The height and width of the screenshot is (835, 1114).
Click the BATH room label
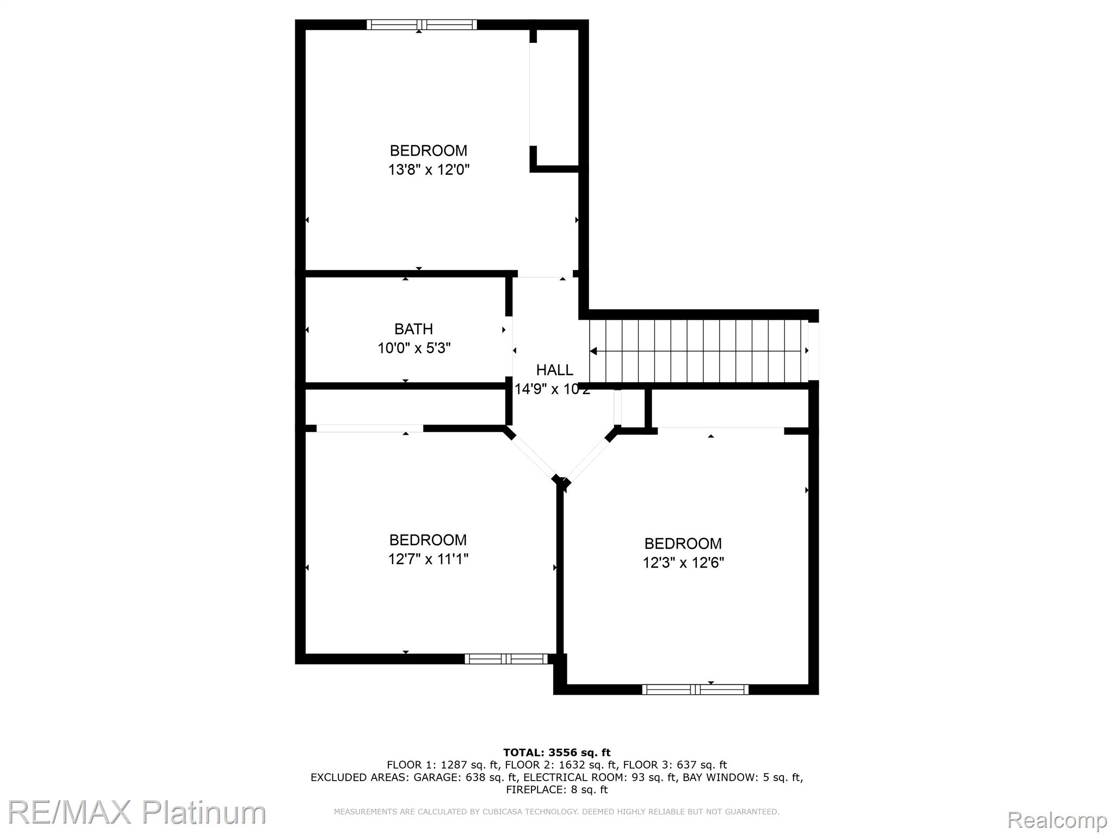pyautogui.click(x=413, y=329)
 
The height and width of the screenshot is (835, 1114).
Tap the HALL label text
pyautogui.click(x=554, y=370)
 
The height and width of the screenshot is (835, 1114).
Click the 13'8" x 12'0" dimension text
pyautogui.click(x=429, y=170)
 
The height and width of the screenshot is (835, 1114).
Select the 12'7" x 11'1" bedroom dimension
pyautogui.click(x=428, y=559)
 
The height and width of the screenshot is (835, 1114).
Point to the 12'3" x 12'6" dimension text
pyautogui.click(x=683, y=563)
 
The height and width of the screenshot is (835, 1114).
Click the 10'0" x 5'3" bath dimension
pyautogui.click(x=414, y=348)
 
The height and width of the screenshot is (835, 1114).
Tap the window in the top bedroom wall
pyautogui.click(x=422, y=24)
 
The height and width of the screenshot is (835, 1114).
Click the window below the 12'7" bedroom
pyautogui.click(x=506, y=659)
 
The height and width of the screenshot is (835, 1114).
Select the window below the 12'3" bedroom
pyautogui.click(x=695, y=689)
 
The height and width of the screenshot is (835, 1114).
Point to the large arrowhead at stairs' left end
pyautogui.click(x=593, y=351)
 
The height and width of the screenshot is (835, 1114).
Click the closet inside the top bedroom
pyautogui.click(x=555, y=98)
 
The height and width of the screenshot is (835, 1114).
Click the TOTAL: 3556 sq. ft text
pyautogui.click(x=556, y=752)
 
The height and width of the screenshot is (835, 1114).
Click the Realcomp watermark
pyautogui.click(x=1057, y=819)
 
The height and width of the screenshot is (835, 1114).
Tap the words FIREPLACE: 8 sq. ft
pyautogui.click(x=556, y=789)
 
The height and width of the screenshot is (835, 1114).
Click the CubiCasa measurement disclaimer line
pyautogui.click(x=556, y=812)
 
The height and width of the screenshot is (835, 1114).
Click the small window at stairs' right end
pyautogui.click(x=813, y=351)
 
